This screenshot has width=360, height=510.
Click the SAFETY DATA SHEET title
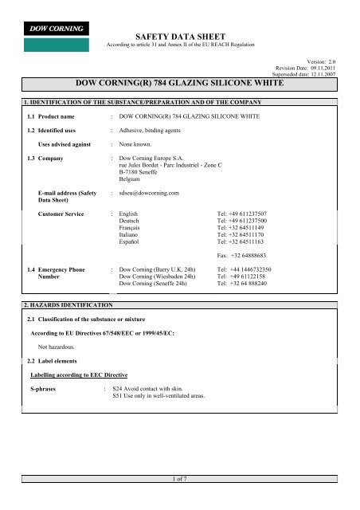coord(180,37)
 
